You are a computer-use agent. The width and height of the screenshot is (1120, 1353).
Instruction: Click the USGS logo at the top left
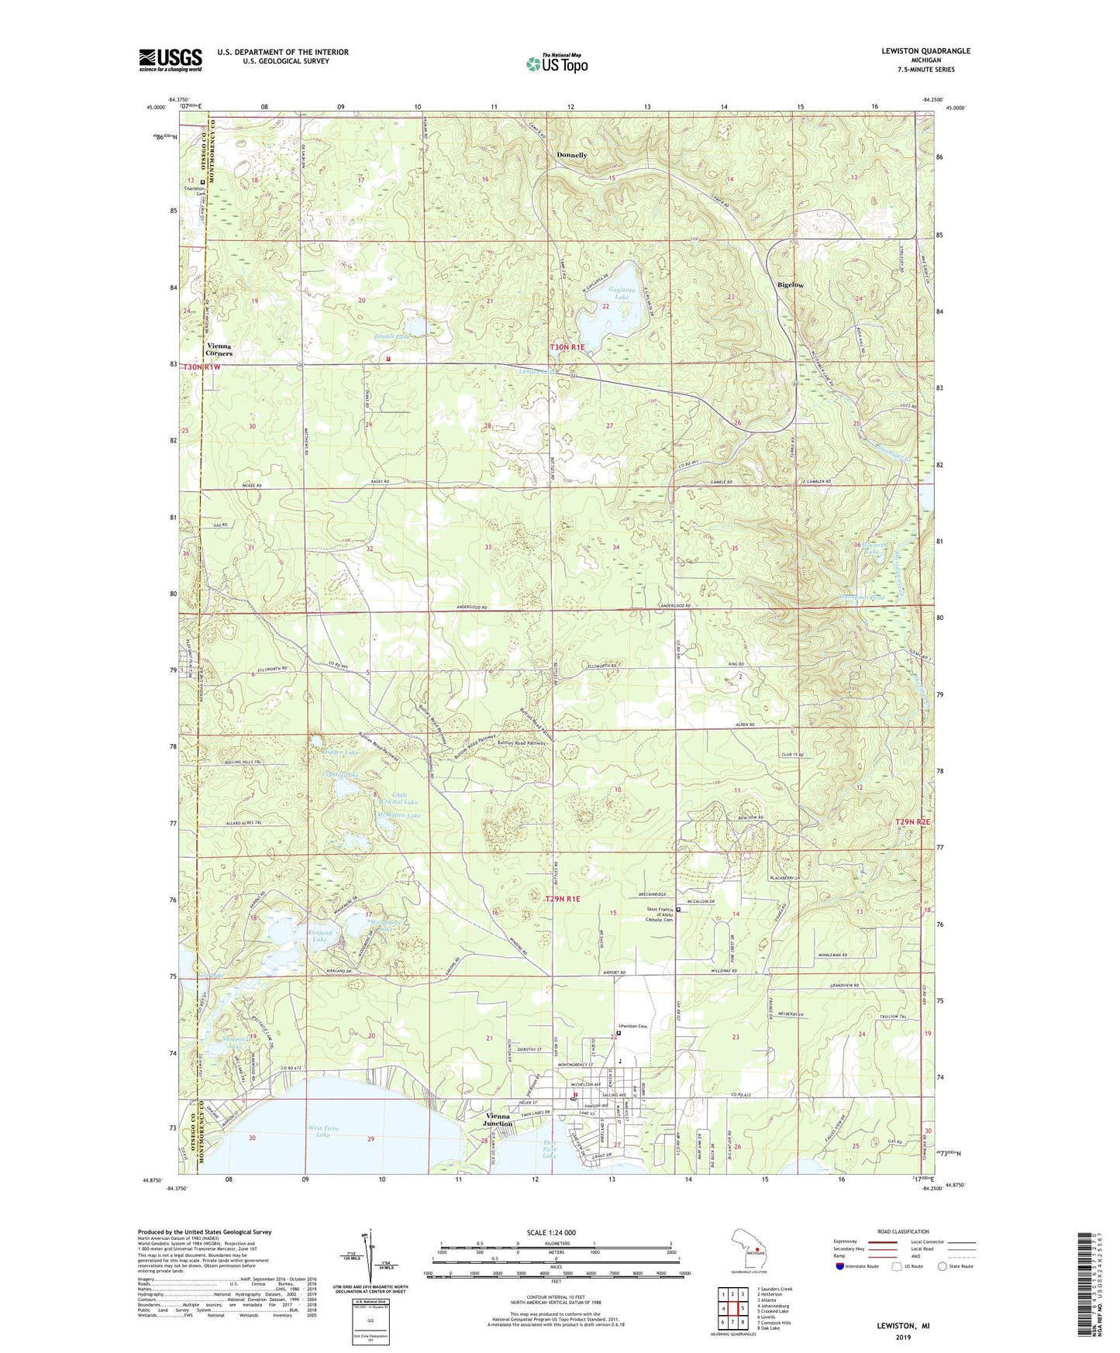pos(171,60)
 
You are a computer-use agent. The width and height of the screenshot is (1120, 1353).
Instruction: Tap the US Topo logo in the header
pos(556,64)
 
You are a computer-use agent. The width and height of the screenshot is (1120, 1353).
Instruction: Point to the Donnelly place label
pos(572,155)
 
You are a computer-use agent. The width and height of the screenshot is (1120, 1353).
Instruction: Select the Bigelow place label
pos(791,285)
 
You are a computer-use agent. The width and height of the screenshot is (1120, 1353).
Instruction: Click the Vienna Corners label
pos(219,349)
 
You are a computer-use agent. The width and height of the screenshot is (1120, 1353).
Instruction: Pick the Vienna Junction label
pos(494,1120)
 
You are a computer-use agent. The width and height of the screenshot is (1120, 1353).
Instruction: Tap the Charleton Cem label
pos(195,191)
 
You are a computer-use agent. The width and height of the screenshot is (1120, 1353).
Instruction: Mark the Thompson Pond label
pos(861,597)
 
